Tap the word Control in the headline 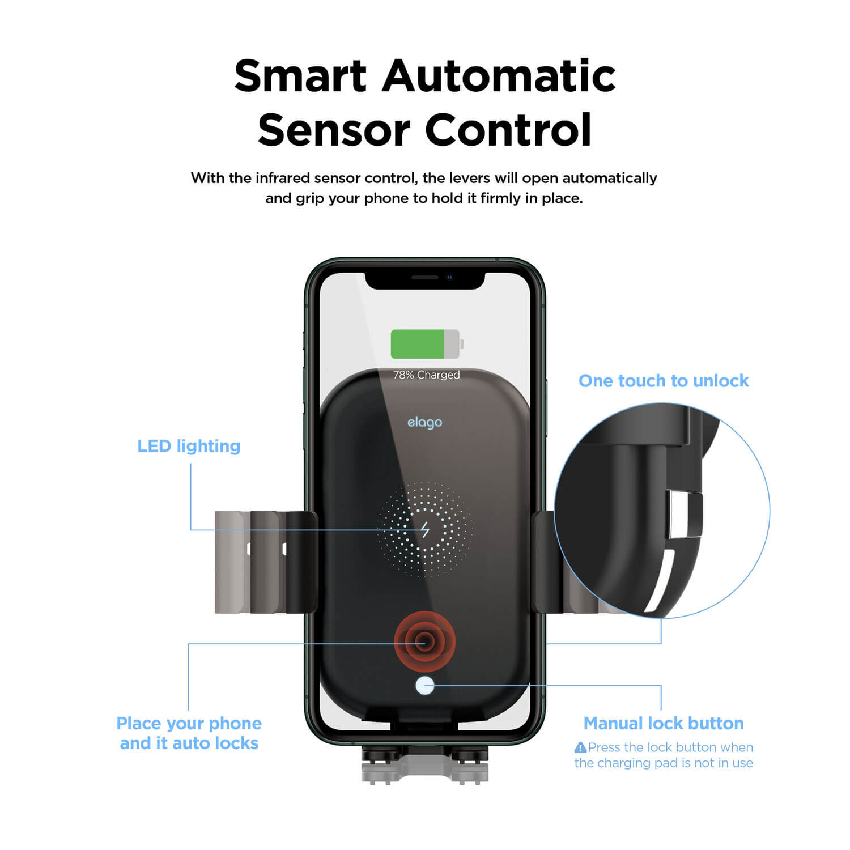[x=508, y=129]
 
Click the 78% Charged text [x=427, y=375]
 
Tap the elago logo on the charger [x=425, y=423]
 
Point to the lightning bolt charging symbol [x=425, y=530]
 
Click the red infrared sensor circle [x=425, y=642]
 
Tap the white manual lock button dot [x=425, y=686]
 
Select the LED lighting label [x=189, y=446]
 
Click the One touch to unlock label [x=664, y=381]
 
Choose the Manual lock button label [x=664, y=723]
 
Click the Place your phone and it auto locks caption [x=189, y=733]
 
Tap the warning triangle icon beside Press [x=580, y=747]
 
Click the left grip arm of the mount [x=265, y=562]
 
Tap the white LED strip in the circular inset [x=660, y=581]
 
